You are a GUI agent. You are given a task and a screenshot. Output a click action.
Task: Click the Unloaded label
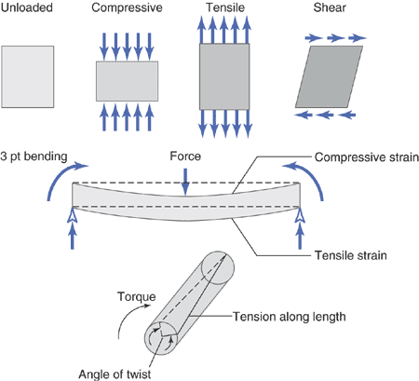tap(27, 7)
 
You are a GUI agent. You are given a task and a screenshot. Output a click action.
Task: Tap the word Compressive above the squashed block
tap(127, 7)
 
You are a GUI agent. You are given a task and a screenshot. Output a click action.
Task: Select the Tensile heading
tap(225, 7)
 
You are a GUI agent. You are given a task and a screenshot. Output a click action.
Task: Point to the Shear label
tap(330, 7)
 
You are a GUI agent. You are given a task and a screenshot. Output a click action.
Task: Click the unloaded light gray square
tap(28, 76)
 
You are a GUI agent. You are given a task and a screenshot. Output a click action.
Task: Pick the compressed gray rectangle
tap(127, 81)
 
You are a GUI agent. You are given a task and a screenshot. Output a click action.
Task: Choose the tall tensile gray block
tap(224, 76)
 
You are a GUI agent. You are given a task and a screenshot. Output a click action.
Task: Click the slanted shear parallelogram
tap(329, 76)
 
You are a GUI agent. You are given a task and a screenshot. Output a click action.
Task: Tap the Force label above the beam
tap(185, 156)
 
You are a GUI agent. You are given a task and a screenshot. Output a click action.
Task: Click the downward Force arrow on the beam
tap(185, 182)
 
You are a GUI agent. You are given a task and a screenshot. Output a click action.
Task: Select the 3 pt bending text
tap(34, 156)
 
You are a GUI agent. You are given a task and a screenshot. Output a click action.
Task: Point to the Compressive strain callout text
tap(367, 157)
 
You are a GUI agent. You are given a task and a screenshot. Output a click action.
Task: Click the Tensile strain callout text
tap(351, 255)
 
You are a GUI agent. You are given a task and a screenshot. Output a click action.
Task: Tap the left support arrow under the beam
tap(73, 228)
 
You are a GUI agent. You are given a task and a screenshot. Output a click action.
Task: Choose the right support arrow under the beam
tap(300, 228)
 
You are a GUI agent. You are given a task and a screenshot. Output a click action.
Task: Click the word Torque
tap(137, 297)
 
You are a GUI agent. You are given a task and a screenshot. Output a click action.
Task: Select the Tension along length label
tap(290, 317)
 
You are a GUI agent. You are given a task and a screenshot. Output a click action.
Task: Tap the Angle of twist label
tap(115, 374)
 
